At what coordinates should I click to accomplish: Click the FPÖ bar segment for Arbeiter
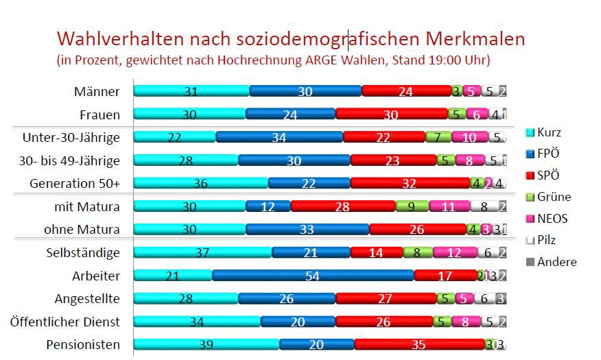point(313,276)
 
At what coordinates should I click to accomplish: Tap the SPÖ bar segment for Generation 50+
point(410,183)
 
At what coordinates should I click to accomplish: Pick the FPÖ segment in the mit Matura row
point(268,206)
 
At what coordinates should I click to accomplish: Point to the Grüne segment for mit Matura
point(412,206)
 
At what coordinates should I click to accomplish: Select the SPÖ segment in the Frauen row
point(391,115)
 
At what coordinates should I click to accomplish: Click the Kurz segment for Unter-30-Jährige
point(174,137)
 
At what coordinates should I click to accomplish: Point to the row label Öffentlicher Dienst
point(65,322)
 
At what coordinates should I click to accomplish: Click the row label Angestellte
point(87,298)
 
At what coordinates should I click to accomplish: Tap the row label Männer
point(97,91)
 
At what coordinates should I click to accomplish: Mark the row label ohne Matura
point(87,229)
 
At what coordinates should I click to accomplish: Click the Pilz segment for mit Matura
point(484,206)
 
